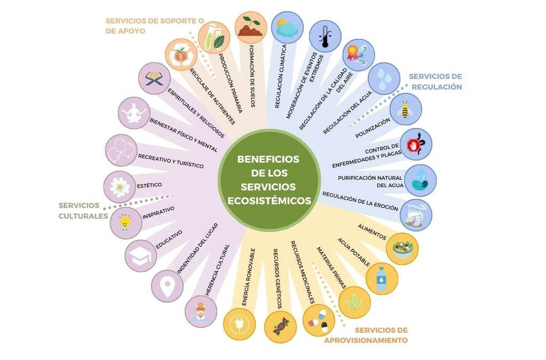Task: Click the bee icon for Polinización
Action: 406,110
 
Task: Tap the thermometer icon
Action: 325,36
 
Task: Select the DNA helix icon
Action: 280,326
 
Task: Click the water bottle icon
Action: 381,278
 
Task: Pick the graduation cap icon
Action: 140,256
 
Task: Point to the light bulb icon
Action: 125,222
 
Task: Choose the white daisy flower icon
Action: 120,187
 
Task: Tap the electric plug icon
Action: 240,324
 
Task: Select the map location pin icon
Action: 167,286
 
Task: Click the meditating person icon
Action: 133,114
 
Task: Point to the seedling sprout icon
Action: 250,27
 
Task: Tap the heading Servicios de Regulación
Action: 435,81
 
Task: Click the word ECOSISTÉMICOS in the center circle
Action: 268,201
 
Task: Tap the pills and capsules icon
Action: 318,319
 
